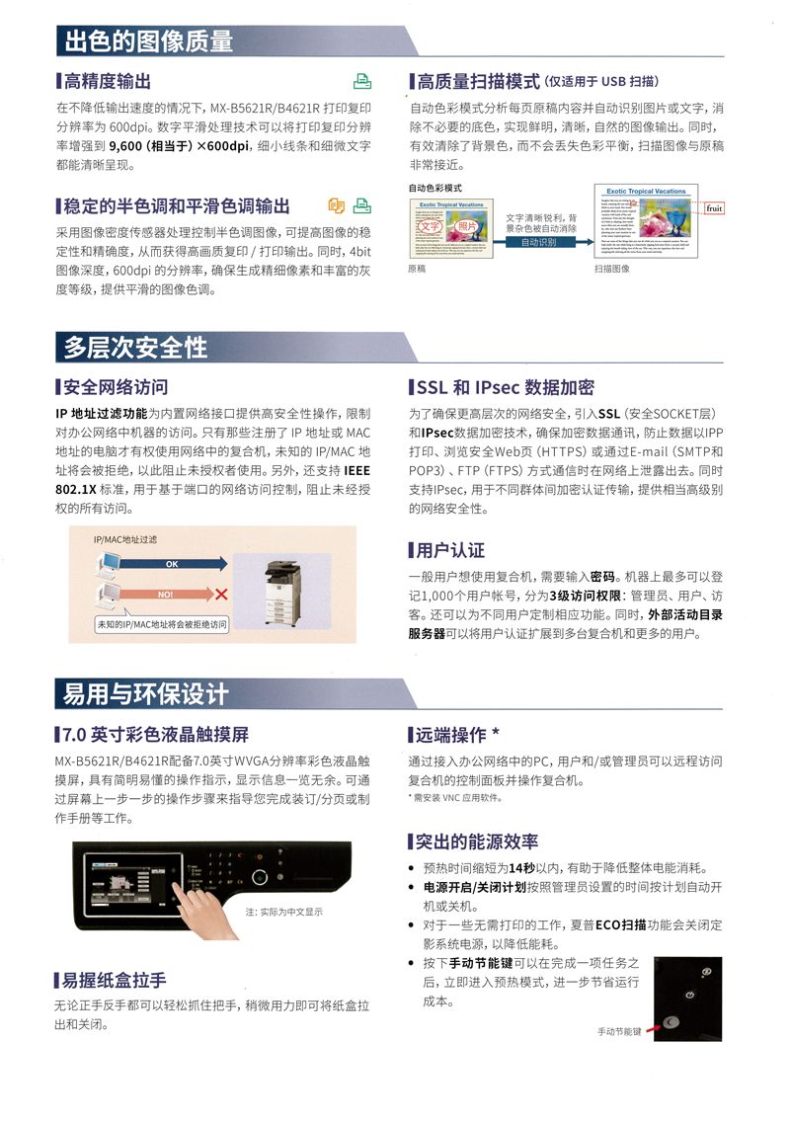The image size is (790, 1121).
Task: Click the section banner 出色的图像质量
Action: coord(148,40)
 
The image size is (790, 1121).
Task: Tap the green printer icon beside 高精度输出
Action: coord(362,81)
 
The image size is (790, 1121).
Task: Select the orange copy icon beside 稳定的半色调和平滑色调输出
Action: coord(337,205)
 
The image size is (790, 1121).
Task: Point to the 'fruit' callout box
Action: coord(714,208)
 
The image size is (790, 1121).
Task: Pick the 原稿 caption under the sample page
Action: coord(418,269)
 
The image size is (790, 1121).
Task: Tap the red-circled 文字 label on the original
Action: coord(432,226)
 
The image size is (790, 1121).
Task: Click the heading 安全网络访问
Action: coord(115,386)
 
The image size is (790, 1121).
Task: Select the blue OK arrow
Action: coord(173,564)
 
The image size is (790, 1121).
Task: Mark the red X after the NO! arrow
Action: coord(221,595)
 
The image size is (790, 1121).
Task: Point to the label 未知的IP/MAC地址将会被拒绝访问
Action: coord(161,624)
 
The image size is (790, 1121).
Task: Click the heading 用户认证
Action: coord(450,550)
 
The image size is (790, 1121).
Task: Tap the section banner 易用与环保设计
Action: coord(145,693)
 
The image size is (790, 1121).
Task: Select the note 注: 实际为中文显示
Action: coord(284,912)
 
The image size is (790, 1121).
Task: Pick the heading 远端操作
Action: coord(457,735)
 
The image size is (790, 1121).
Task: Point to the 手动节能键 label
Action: coord(619,1031)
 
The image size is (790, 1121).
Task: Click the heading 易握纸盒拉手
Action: coord(115,980)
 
